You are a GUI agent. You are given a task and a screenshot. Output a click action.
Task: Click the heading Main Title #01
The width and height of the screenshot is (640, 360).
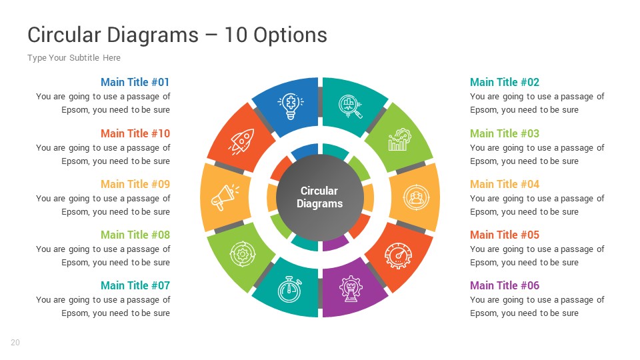click(135, 83)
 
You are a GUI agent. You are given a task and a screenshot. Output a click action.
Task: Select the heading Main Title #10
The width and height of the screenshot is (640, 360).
click(135, 133)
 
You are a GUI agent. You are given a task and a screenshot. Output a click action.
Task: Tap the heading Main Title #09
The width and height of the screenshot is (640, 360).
click(135, 184)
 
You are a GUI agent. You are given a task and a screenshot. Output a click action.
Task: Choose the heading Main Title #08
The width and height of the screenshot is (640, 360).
click(135, 235)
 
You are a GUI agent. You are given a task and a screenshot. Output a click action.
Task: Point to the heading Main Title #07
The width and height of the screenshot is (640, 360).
click(135, 285)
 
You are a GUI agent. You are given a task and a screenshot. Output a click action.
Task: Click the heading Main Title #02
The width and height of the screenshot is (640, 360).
click(505, 83)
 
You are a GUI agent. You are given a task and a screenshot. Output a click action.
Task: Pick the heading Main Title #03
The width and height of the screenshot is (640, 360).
click(505, 133)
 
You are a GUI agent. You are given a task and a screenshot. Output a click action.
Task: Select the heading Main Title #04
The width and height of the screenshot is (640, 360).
click(505, 184)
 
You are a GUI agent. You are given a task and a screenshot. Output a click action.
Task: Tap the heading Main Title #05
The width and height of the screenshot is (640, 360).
click(505, 235)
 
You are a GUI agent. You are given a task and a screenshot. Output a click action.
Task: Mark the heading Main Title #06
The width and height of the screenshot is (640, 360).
click(505, 285)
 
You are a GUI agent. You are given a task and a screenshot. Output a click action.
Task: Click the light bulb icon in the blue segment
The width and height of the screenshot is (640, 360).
click(290, 105)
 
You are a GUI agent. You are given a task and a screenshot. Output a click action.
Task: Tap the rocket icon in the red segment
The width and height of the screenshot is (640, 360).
click(241, 141)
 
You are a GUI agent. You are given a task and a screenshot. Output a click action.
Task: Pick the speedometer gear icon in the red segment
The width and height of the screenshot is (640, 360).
click(399, 254)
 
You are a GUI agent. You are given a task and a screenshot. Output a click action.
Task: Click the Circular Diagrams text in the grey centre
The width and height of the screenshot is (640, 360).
click(320, 197)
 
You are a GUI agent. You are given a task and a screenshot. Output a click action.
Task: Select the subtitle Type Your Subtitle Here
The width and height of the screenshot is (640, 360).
click(74, 58)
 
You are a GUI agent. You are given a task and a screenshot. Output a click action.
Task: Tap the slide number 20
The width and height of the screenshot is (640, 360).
click(15, 343)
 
